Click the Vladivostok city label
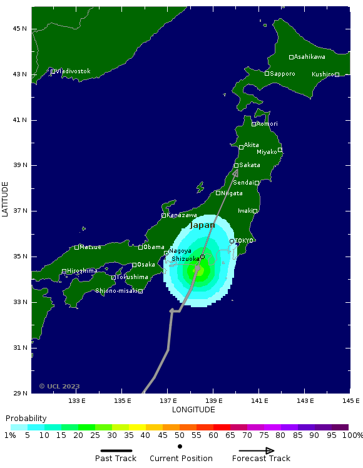(73, 71)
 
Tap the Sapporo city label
(282, 74)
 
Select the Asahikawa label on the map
(309, 57)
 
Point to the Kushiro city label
(323, 74)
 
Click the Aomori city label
(267, 124)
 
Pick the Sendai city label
(243, 183)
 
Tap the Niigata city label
(232, 193)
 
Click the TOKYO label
(244, 241)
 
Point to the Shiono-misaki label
(116, 291)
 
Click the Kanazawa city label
(182, 215)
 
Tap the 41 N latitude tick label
(21, 120)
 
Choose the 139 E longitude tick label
(213, 400)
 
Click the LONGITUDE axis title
(193, 410)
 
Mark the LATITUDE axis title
(6, 199)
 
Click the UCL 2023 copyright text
(59, 386)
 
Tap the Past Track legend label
(116, 459)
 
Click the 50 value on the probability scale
(180, 435)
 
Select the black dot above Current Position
(180, 446)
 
